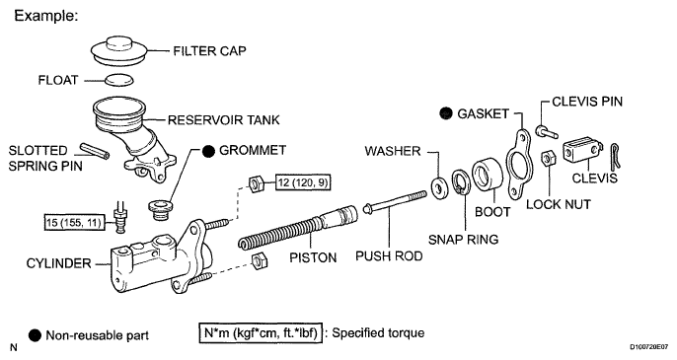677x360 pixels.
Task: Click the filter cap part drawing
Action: [119, 51]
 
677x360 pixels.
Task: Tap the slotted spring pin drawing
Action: [95, 151]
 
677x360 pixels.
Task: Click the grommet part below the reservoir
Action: [160, 210]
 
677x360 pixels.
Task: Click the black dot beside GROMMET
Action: [208, 151]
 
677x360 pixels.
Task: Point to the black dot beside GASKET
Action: [446, 113]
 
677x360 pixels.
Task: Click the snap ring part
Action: [460, 182]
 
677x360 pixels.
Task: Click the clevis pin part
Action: [547, 131]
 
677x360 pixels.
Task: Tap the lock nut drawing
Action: [548, 158]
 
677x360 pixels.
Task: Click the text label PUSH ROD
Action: [389, 256]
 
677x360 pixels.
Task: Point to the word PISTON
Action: [313, 257]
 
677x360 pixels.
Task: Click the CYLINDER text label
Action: [59, 263]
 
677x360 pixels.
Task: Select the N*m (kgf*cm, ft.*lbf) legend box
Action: [261, 333]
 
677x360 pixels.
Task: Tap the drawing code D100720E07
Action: [651, 346]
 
